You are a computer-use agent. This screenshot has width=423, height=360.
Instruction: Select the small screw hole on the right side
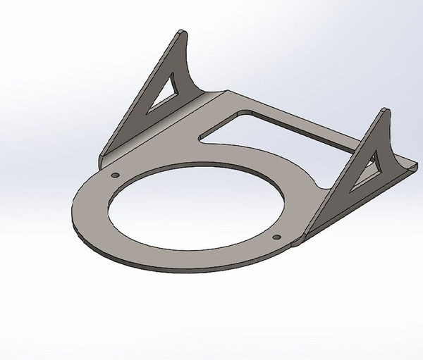276,237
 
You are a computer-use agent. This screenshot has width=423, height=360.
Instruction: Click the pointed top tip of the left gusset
183,31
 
